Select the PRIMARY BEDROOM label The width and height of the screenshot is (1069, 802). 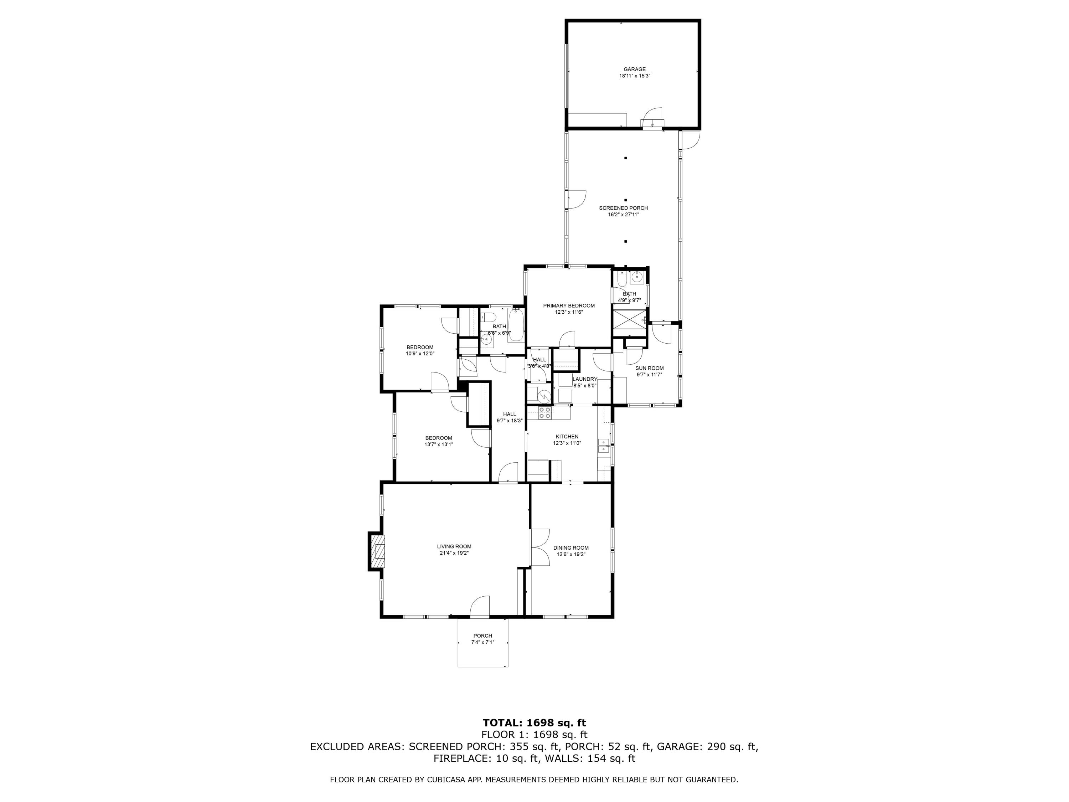569,306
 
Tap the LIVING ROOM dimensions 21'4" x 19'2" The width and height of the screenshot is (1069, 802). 454,553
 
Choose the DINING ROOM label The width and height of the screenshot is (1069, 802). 571,548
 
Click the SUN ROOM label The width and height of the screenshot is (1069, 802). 650,368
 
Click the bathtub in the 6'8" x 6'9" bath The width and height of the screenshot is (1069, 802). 516,326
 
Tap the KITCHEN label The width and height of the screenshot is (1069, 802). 567,437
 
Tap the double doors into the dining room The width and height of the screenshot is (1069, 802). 540,548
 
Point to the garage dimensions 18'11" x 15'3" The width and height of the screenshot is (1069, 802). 635,76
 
